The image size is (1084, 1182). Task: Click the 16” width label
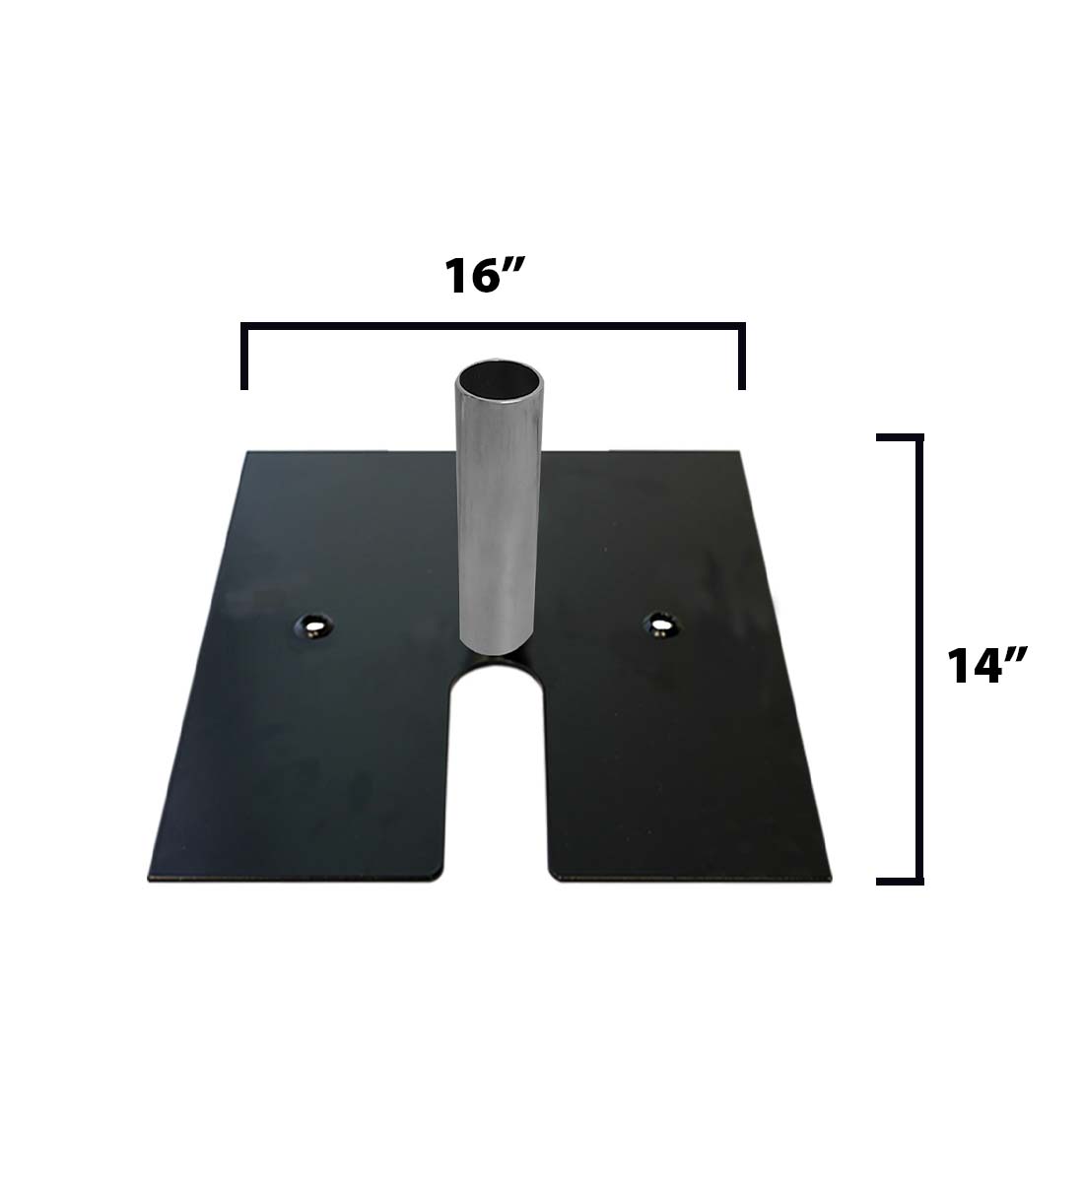point(482,278)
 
